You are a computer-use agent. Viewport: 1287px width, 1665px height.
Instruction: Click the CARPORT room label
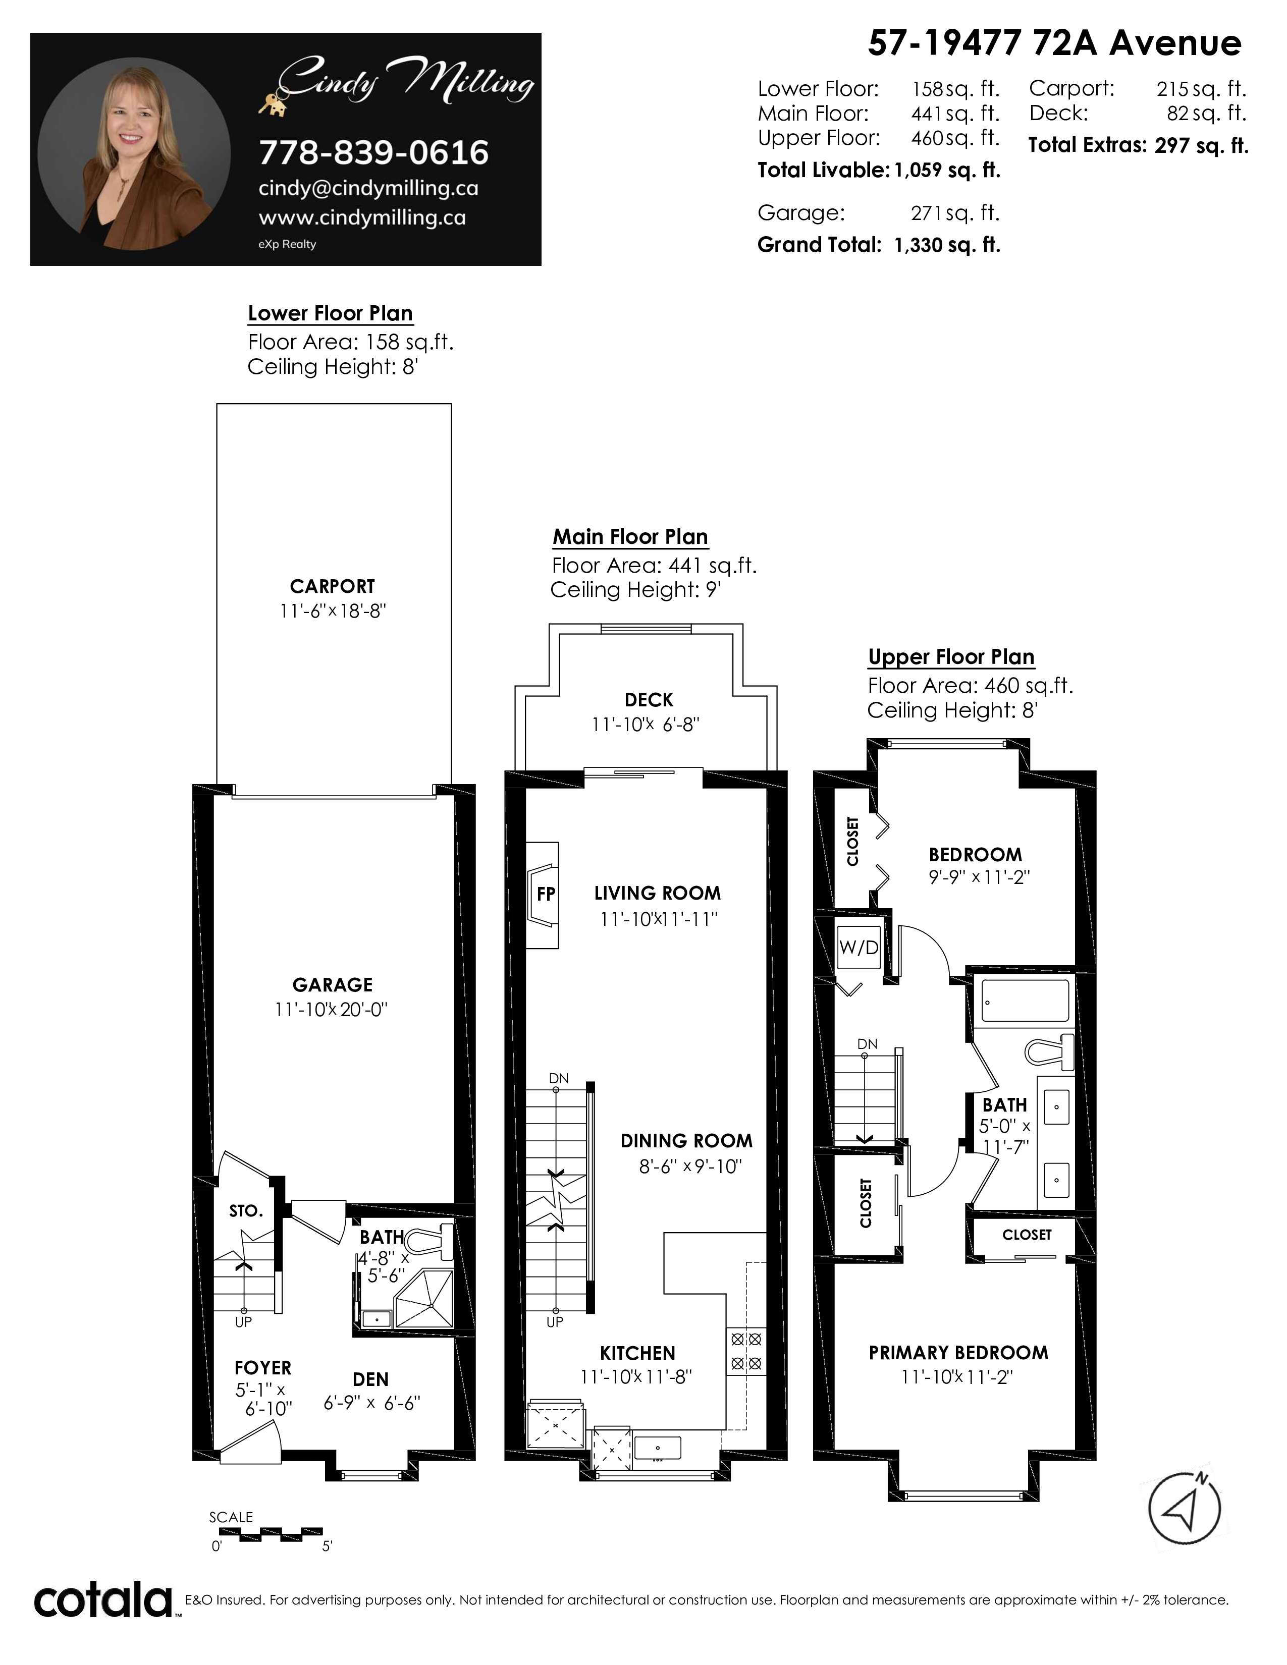point(333,586)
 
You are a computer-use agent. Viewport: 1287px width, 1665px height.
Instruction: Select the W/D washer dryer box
point(860,947)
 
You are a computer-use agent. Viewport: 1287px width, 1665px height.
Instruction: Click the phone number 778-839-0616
point(373,152)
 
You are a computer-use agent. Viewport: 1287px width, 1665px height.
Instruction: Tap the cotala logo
point(103,1601)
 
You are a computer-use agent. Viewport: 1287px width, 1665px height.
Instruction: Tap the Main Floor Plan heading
point(630,537)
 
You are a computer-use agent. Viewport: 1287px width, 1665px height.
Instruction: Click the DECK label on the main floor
point(649,700)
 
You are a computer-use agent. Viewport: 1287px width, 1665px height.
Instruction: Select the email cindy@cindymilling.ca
point(368,188)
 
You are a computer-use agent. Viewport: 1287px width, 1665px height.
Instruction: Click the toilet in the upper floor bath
point(1049,1052)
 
